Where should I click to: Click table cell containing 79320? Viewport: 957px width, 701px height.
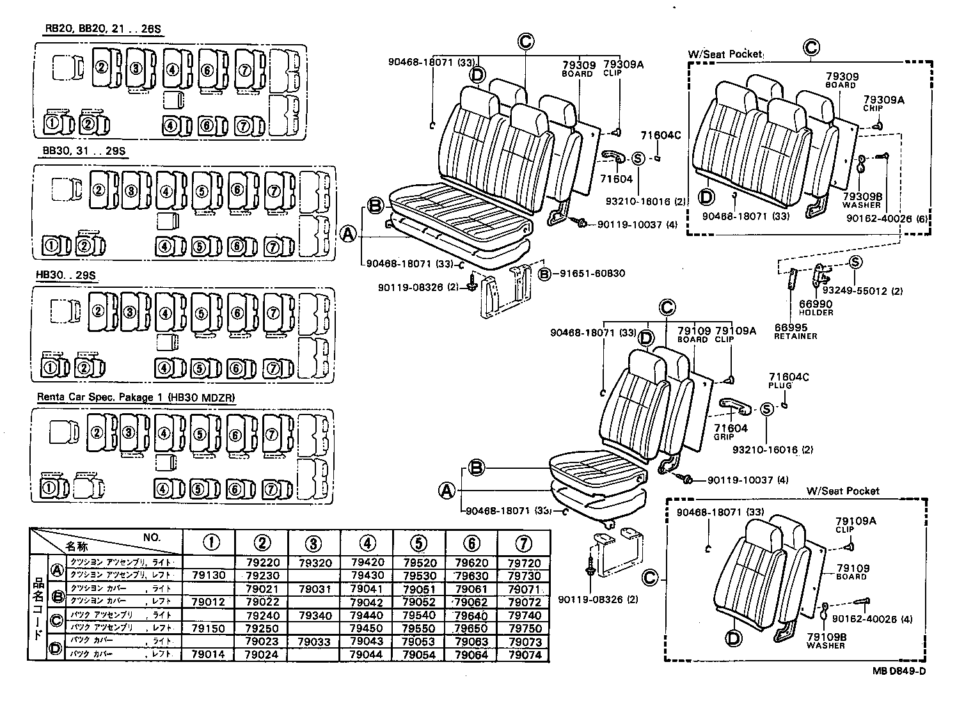coord(313,563)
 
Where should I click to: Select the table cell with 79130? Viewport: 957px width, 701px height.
coord(209,576)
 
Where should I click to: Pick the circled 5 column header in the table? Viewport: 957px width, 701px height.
coord(418,543)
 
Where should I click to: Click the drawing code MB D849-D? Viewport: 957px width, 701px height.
coord(898,671)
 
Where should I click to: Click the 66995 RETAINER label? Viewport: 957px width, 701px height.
coord(795,331)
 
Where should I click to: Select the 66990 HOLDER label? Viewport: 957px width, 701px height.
coord(816,308)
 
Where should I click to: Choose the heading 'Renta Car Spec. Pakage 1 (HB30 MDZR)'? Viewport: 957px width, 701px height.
coord(136,397)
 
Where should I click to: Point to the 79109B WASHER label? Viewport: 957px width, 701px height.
coord(826,641)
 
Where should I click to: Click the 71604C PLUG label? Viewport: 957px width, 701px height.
coord(788,381)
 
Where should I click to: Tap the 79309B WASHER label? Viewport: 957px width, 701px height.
coord(862,201)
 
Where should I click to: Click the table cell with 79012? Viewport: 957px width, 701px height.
coord(209,602)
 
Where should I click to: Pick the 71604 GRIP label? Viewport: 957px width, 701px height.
coord(731,432)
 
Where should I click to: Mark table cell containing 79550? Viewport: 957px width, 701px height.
coord(419,628)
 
